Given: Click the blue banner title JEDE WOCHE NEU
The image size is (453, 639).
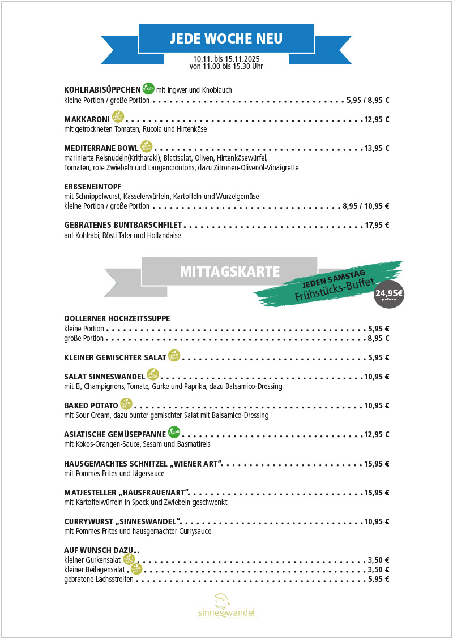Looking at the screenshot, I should coord(226,38).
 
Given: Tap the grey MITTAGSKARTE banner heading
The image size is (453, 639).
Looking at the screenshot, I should coord(229,272).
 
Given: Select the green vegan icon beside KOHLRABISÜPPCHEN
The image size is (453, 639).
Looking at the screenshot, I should coord(149,88).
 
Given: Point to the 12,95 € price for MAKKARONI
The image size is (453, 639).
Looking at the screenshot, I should coord(377,119).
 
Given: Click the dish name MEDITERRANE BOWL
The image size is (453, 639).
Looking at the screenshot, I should coord(101,148).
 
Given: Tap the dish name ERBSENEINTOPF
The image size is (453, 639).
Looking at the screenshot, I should coord(93,186).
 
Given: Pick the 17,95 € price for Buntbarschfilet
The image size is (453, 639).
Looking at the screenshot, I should coord(377,225).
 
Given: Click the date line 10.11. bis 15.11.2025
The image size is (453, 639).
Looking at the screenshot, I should coord(226,59).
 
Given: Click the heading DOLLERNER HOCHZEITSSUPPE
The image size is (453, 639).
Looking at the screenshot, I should coord(117,318).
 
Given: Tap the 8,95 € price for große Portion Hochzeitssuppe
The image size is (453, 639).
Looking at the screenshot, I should coord(378,338).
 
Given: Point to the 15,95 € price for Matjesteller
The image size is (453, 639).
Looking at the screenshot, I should coord(377,492).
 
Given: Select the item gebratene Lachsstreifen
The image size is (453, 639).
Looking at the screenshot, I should coord(99,579).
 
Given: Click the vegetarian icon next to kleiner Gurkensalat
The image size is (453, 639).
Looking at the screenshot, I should coord(129,559).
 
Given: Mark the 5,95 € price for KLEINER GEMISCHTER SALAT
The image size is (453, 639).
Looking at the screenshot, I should coord(378,357).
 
